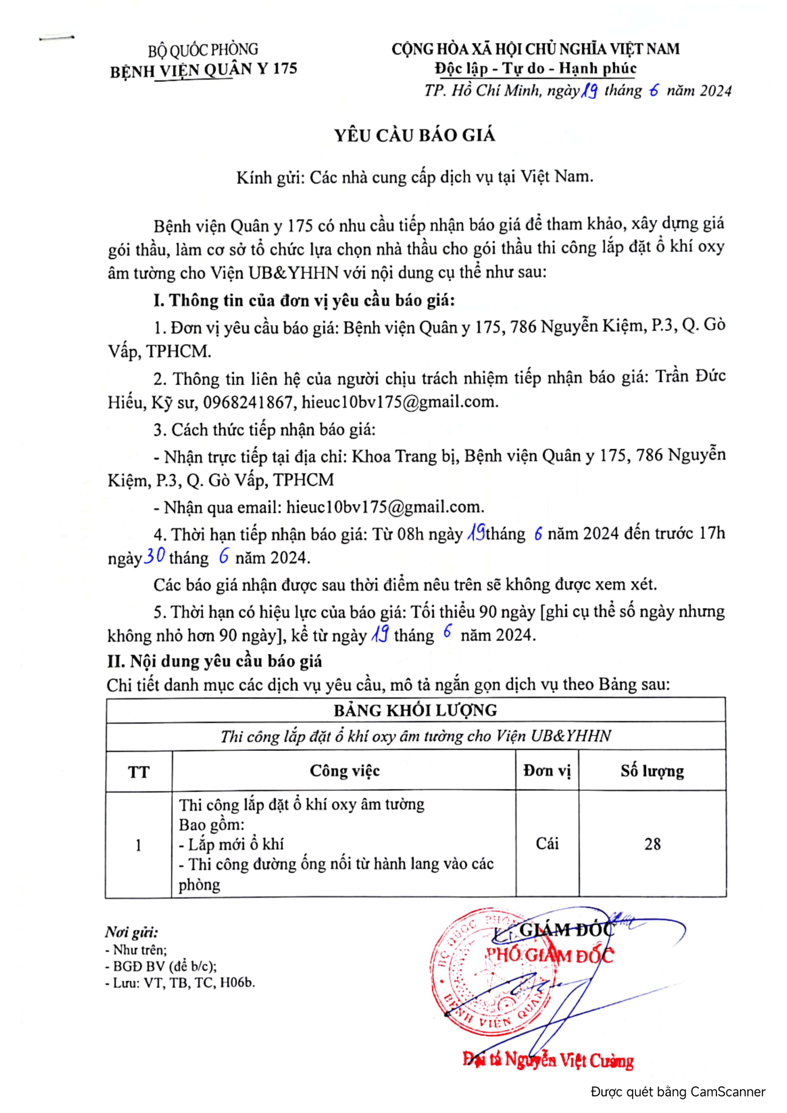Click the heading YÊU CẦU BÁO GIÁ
pos(415,135)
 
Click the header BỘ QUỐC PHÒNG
pos(203,50)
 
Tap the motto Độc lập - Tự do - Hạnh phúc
pos(535,69)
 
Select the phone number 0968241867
pos(248,402)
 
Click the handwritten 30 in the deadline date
pos(155,555)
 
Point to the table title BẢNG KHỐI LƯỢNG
pos(415,710)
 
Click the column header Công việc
pos(344,771)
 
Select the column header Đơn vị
pos(547,771)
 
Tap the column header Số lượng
pos(652,771)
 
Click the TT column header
pos(139,772)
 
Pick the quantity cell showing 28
pos(652,845)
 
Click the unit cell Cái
pos(547,844)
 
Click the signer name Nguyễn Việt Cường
pos(569,1060)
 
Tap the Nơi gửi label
pos(131,932)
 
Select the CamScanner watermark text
pos(677,1092)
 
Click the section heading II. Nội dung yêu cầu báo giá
pos(214,661)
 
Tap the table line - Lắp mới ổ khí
pos(231,844)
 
